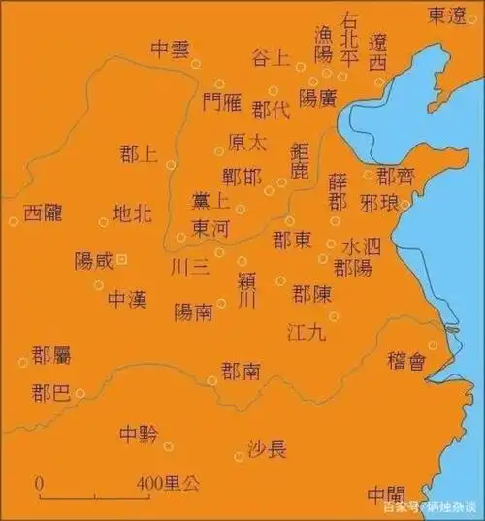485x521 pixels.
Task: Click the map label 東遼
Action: (453, 15)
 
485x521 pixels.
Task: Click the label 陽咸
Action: (93, 261)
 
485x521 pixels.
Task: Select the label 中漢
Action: (126, 299)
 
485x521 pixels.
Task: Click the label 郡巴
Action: (49, 393)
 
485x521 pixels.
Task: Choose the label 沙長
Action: (267, 448)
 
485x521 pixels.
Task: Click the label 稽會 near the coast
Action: (405, 361)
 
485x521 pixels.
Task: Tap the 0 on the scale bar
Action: (39, 482)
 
